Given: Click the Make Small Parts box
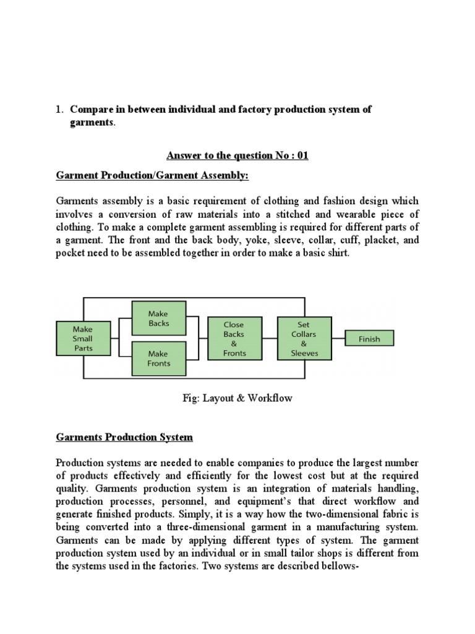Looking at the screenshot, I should tap(82, 339).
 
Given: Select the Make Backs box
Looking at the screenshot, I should tap(159, 319).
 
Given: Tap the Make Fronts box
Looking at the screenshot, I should tap(159, 358).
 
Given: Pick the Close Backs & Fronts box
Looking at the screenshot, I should tap(234, 339).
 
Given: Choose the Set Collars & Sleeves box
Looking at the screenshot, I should tap(304, 339).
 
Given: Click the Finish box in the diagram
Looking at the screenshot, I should tap(369, 339).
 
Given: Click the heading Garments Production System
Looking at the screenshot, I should tap(124, 437).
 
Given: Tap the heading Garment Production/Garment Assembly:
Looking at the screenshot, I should tap(152, 176).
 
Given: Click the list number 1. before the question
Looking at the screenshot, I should tap(60, 110).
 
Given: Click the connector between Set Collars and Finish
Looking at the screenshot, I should tap(338, 339).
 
